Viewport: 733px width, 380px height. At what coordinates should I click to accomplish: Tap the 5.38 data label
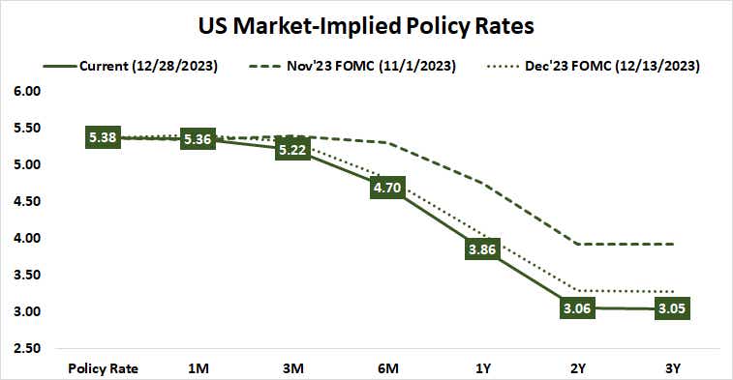point(103,138)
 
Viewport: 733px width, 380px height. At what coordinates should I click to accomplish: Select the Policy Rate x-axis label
point(103,368)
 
